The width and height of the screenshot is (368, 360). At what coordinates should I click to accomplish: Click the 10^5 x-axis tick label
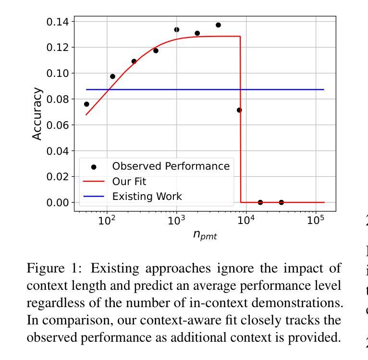click(315, 221)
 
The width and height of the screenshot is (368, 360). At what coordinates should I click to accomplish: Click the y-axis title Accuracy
click(37, 114)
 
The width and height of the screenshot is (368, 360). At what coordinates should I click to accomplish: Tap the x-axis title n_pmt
click(205, 235)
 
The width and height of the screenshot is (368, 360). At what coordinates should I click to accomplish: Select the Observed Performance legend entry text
click(171, 166)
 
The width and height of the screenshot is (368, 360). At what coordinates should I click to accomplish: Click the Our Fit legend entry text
click(129, 182)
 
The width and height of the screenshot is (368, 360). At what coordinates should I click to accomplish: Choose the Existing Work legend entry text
click(147, 197)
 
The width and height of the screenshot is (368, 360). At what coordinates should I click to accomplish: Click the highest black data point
click(218, 25)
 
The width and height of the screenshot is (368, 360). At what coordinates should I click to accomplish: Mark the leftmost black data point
click(86, 104)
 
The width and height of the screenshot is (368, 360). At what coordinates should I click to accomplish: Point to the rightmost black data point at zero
click(281, 202)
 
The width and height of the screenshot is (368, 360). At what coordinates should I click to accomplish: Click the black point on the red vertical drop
click(239, 110)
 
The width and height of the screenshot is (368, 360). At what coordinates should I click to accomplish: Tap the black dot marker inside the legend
click(94, 167)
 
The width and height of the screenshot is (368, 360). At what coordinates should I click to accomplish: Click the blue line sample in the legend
click(94, 197)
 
